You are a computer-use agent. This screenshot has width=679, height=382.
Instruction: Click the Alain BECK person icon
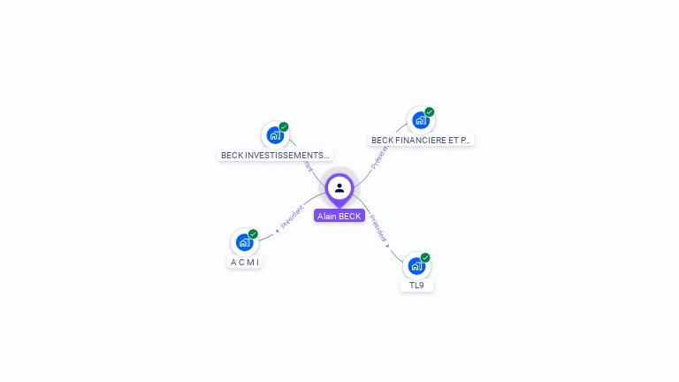(x=339, y=187)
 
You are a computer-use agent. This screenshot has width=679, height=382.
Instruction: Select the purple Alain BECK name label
(x=339, y=216)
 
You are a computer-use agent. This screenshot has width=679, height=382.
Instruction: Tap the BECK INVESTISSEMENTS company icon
(x=275, y=135)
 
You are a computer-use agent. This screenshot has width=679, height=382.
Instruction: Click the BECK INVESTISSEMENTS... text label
(x=275, y=156)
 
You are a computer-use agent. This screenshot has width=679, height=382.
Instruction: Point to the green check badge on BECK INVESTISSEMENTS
(x=284, y=126)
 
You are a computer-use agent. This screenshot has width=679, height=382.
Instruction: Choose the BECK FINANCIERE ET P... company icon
(x=420, y=120)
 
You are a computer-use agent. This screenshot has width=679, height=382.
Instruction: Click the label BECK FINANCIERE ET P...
(x=421, y=140)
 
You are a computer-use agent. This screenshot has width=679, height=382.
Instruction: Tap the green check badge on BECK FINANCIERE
(x=430, y=111)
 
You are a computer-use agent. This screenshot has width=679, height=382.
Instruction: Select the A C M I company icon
(x=244, y=242)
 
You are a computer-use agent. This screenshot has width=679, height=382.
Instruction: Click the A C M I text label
(x=246, y=263)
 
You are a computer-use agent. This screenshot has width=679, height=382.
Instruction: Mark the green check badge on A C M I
(x=254, y=233)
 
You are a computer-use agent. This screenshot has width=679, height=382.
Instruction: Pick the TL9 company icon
(x=416, y=265)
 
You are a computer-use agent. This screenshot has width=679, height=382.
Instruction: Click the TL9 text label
(x=416, y=286)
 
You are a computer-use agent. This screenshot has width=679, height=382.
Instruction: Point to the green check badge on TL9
(x=425, y=257)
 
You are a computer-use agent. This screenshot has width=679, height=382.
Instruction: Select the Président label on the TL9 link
(x=378, y=228)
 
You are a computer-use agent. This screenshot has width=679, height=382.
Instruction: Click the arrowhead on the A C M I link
(x=278, y=231)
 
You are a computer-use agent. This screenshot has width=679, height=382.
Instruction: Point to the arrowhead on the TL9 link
(x=387, y=245)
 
